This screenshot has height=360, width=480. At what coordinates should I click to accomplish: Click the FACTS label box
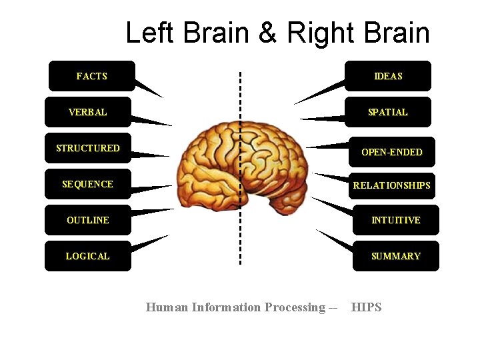coord(92,76)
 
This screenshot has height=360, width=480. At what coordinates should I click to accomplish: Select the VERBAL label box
coord(88,112)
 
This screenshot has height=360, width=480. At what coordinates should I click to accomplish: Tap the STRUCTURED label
coord(88,148)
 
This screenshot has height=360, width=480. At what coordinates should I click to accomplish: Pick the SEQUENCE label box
coord(88,184)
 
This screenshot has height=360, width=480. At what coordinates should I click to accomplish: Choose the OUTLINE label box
coord(88,220)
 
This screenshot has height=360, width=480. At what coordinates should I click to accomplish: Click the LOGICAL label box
coord(88,256)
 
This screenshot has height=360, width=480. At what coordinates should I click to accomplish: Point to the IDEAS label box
coord(388,76)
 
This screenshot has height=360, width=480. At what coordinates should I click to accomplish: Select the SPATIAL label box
coord(388,112)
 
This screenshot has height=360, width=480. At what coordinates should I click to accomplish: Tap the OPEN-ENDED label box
coord(392,152)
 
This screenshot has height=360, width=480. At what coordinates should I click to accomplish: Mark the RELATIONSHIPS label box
coord(392,185)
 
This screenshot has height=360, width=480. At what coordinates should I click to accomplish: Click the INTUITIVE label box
coord(396,220)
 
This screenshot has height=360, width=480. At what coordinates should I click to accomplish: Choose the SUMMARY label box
coord(396,256)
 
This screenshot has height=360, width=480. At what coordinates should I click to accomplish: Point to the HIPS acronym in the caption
coord(367,307)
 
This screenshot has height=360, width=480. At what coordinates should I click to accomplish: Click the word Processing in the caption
coord(295,307)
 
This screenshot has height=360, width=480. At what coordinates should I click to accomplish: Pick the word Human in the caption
coord(167,307)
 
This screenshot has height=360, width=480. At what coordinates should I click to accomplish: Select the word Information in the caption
coord(226,307)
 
